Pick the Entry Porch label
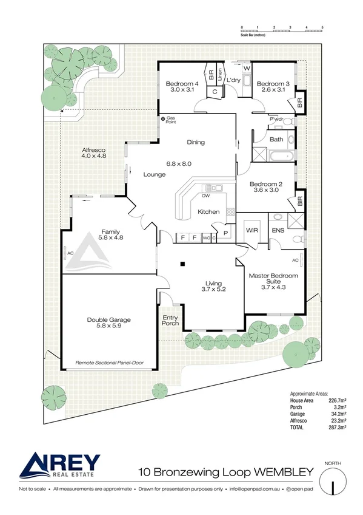(170, 320)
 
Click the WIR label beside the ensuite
(252, 231)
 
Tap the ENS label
(278, 231)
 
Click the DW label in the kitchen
(206, 196)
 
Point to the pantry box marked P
(225, 232)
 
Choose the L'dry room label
(234, 80)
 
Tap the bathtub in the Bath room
(281, 156)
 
